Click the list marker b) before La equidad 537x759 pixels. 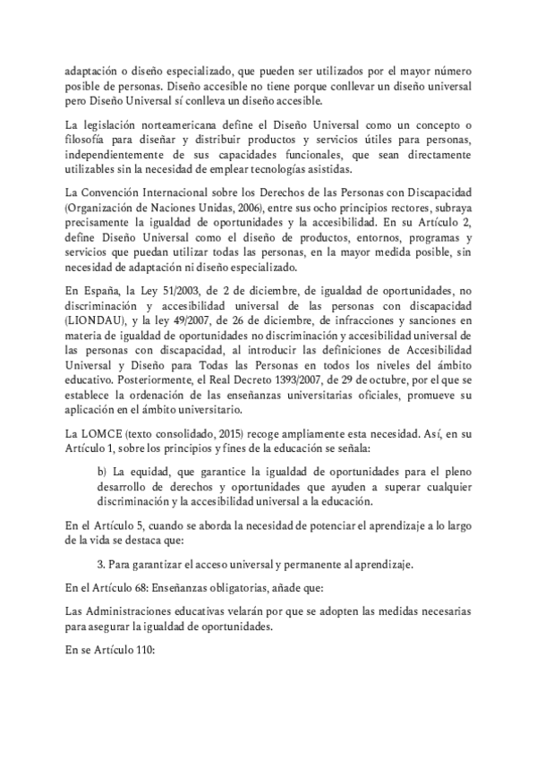[100, 472]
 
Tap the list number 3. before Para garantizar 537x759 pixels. [100, 563]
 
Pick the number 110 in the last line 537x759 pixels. [144, 652]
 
